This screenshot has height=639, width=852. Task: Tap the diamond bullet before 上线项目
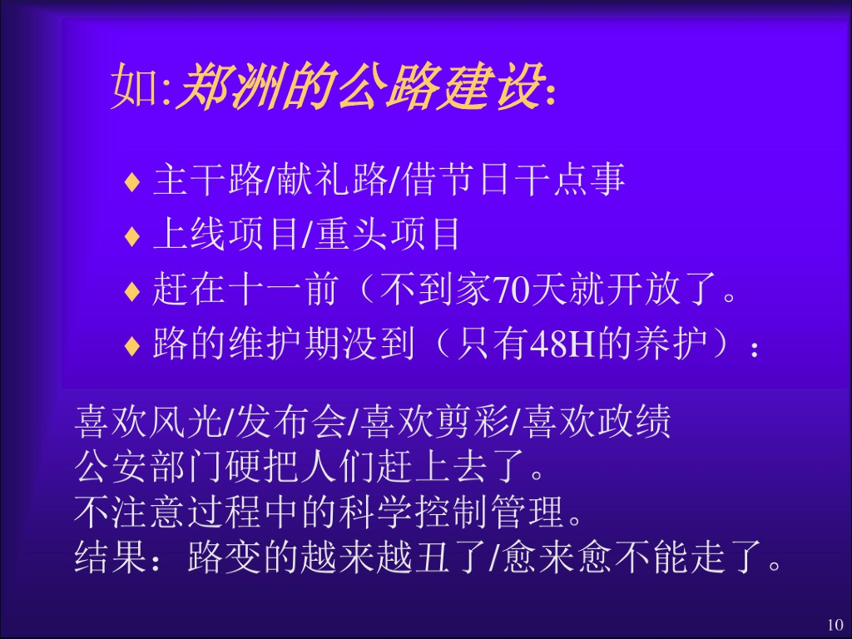pyautogui.click(x=131, y=237)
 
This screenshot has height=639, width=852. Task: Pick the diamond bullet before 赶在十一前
pyautogui.click(x=131, y=292)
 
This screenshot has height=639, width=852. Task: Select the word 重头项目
pyautogui.click(x=389, y=235)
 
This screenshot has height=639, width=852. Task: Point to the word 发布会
pyautogui.click(x=291, y=424)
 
